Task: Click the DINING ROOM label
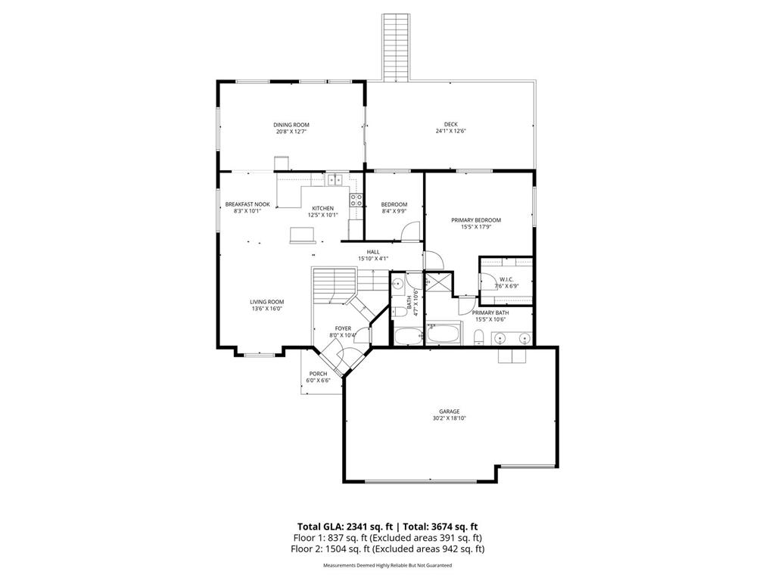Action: coord(291,125)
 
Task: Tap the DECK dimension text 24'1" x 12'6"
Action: coord(450,132)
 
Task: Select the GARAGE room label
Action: coord(450,412)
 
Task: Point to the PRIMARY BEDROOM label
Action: coord(476,220)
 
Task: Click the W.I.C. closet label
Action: coord(506,279)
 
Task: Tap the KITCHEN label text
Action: coord(323,208)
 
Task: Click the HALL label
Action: coord(373,252)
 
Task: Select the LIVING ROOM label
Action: coord(266,302)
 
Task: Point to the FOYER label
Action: coord(343,328)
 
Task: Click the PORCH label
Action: coord(318,374)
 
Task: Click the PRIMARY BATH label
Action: coord(490,312)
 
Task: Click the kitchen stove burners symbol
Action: coord(356,200)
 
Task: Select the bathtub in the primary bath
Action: coord(444,333)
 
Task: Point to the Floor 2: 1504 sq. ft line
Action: coord(387,549)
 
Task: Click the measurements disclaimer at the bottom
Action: coord(387,566)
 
